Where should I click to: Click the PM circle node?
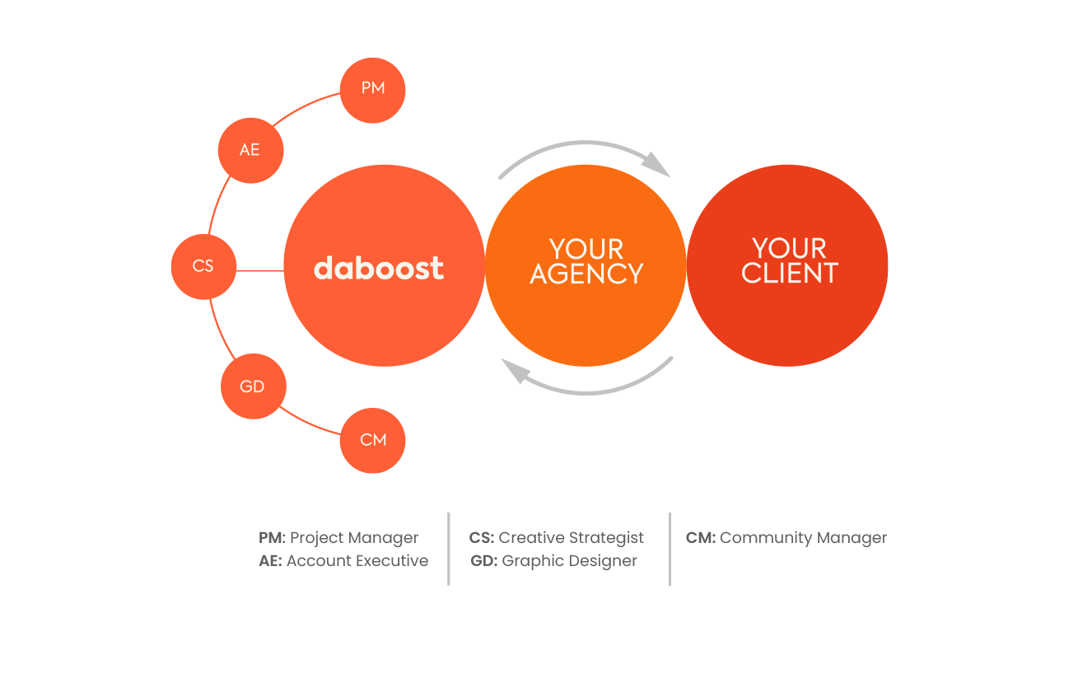click(x=373, y=89)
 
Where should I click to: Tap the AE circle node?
click(x=250, y=150)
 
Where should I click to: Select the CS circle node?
click(x=203, y=266)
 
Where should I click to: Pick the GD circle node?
click(x=253, y=386)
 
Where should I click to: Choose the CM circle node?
click(x=373, y=440)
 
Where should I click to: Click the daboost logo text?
click(x=379, y=268)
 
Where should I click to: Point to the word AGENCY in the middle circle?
click(x=586, y=274)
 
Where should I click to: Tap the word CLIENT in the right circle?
click(x=789, y=274)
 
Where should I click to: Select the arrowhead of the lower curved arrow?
click(x=516, y=373)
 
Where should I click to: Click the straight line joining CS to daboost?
click(x=260, y=269)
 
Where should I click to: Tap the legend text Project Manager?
click(x=354, y=538)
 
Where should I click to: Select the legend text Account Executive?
click(x=357, y=561)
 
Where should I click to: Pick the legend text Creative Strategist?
click(x=572, y=538)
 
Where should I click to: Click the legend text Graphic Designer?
click(x=569, y=561)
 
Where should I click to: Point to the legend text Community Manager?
click(x=803, y=538)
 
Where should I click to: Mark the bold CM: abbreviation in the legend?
click(x=700, y=538)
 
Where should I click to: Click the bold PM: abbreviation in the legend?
click(x=272, y=538)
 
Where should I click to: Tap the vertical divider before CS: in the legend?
click(x=449, y=549)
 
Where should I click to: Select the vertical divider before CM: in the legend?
click(x=670, y=549)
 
